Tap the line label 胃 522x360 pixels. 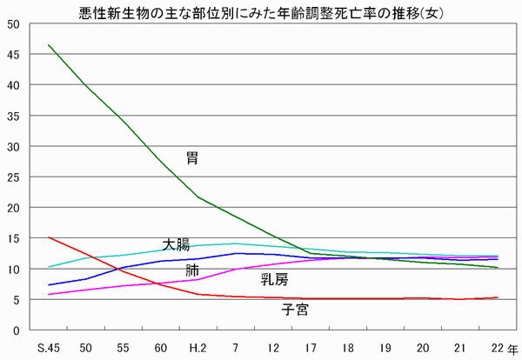pos(192,158)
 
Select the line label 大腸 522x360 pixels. pos(176,244)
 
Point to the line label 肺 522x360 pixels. pos(192,270)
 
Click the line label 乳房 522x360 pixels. pos(275,279)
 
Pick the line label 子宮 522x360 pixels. pos(294,309)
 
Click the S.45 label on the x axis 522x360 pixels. pos(50,347)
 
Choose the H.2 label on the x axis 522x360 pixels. pos(197,347)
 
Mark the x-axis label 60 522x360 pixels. pos(161,347)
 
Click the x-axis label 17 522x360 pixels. pos(310,347)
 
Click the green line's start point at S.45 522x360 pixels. pos(50,45)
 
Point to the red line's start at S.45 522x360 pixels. pos(50,237)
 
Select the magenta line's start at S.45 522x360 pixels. pos(50,295)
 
